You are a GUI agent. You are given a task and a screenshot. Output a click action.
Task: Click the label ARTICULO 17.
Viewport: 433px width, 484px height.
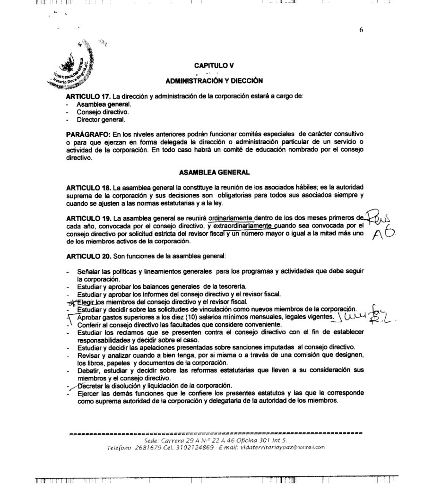85,96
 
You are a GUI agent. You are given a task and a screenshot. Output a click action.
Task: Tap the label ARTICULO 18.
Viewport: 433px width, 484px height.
85,188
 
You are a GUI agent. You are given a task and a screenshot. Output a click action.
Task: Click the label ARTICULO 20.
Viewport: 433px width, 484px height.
85,256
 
